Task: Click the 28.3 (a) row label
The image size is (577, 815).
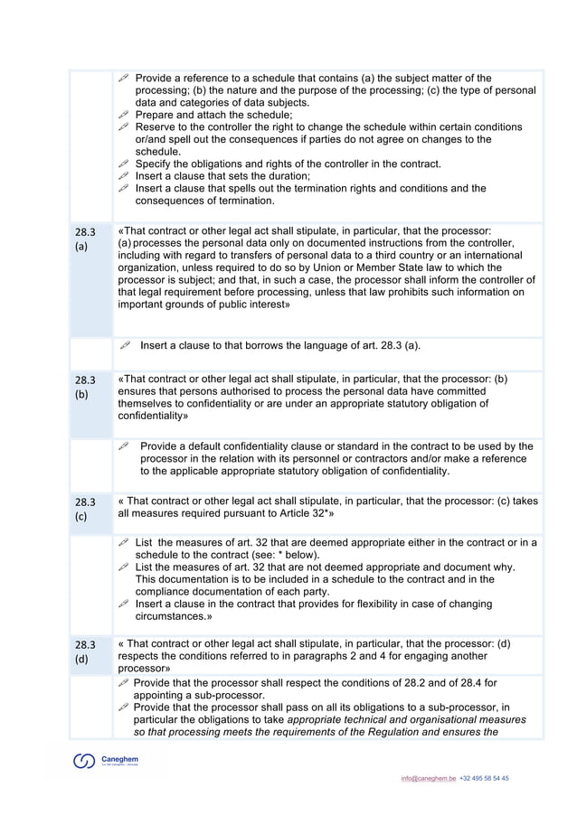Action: click(x=85, y=239)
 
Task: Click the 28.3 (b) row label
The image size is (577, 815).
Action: click(x=85, y=387)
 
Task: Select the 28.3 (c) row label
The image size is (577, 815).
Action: click(x=85, y=509)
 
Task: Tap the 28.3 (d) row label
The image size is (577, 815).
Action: click(x=85, y=651)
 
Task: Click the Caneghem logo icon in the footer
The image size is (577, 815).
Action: click(x=84, y=762)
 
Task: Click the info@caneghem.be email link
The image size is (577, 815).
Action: click(x=429, y=778)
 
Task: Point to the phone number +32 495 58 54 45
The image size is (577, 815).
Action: click(x=484, y=778)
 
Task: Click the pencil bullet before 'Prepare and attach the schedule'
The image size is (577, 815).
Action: click(x=124, y=116)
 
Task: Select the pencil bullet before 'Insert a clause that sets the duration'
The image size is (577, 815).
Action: click(x=124, y=176)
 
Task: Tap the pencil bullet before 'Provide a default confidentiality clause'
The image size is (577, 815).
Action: click(x=124, y=446)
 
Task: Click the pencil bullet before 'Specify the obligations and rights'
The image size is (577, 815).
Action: click(x=124, y=164)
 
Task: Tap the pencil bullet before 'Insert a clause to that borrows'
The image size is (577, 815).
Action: click(x=124, y=345)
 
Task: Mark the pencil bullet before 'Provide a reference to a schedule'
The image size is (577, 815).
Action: click(x=124, y=79)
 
